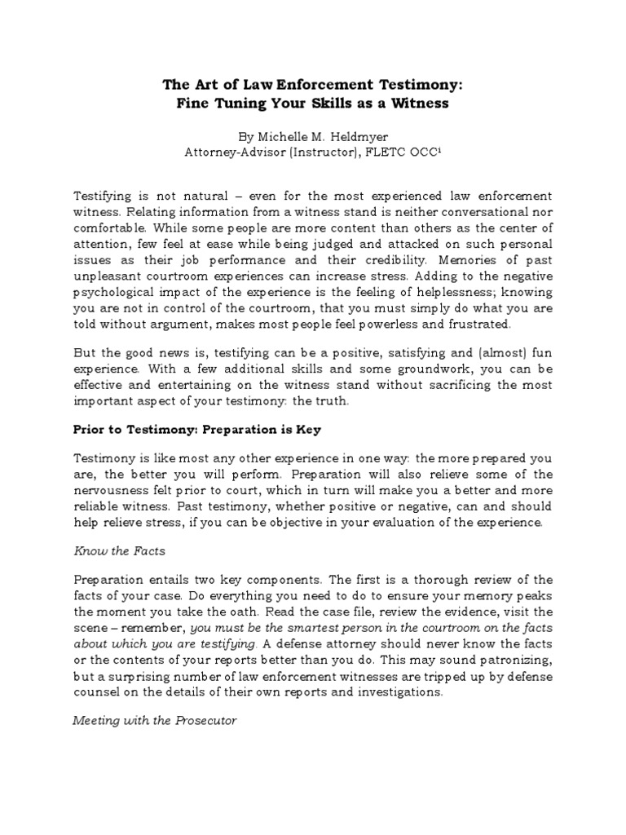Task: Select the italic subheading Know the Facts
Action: pyautogui.click(x=119, y=550)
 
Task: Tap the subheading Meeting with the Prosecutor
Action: pyautogui.click(x=154, y=722)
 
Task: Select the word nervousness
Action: pyautogui.click(x=117, y=491)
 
